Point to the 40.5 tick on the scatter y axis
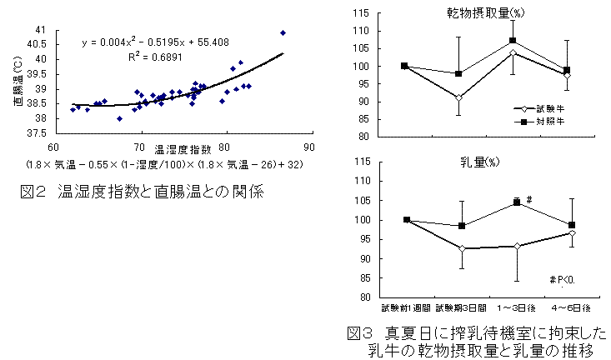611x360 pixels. (x=36, y=45)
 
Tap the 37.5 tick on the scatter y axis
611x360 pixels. (x=36, y=132)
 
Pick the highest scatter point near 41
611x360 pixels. (x=283, y=32)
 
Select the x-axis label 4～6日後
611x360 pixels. (x=572, y=308)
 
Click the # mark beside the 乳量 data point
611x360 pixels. (x=529, y=198)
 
